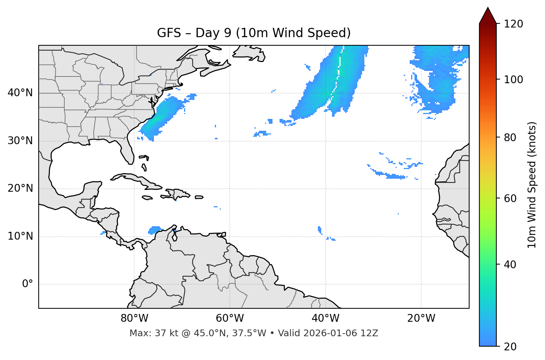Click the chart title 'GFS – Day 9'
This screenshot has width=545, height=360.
(254, 33)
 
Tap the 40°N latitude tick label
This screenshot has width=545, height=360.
(20, 93)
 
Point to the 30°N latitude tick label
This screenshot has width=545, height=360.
(20, 141)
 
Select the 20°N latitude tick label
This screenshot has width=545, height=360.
(20, 188)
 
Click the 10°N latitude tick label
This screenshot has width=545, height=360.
(20, 236)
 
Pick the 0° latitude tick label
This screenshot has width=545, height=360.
(28, 284)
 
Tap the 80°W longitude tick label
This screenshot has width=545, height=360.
(134, 318)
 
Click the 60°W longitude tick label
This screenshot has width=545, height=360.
(230, 318)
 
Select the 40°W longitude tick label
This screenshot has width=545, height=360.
(325, 318)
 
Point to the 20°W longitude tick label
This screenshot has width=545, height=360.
(421, 318)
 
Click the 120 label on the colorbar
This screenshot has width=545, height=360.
(513, 24)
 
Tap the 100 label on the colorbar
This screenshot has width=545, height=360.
(513, 80)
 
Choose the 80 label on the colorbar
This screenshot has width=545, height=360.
(511, 137)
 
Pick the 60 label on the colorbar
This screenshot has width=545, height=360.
(511, 198)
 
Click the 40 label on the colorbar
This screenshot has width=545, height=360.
(511, 265)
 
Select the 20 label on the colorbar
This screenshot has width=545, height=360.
(511, 347)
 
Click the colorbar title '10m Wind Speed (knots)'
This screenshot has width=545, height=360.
(532, 185)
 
